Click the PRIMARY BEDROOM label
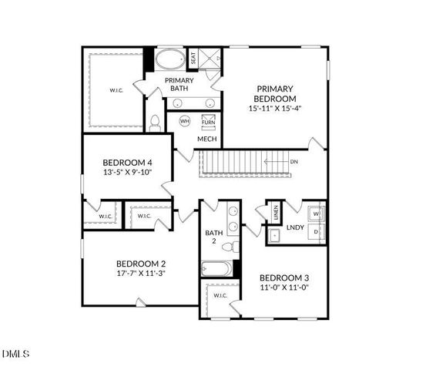pos(276,94)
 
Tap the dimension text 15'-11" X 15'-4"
pos(276,109)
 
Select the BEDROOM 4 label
pos(128,163)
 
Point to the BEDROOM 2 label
pos(141,263)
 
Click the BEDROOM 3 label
pos(284,277)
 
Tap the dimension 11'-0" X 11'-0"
pos(284,288)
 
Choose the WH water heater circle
pos(185,121)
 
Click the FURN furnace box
pos(208,122)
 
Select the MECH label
pos(206,140)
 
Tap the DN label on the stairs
pos(293,162)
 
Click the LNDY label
pos(295,227)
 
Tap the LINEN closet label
pos(275,214)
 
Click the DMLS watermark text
pos(15,354)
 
